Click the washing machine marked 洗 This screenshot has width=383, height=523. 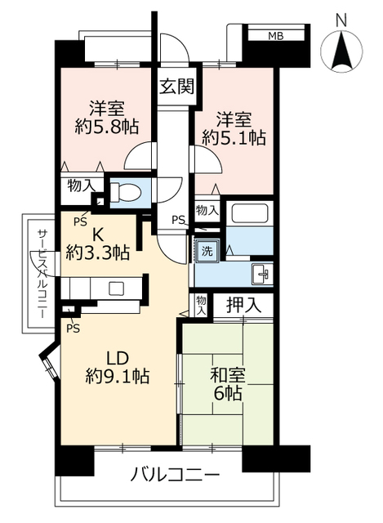pos(208,251)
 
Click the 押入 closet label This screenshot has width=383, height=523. pos(244,306)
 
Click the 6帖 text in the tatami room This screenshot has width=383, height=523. pos(229,395)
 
